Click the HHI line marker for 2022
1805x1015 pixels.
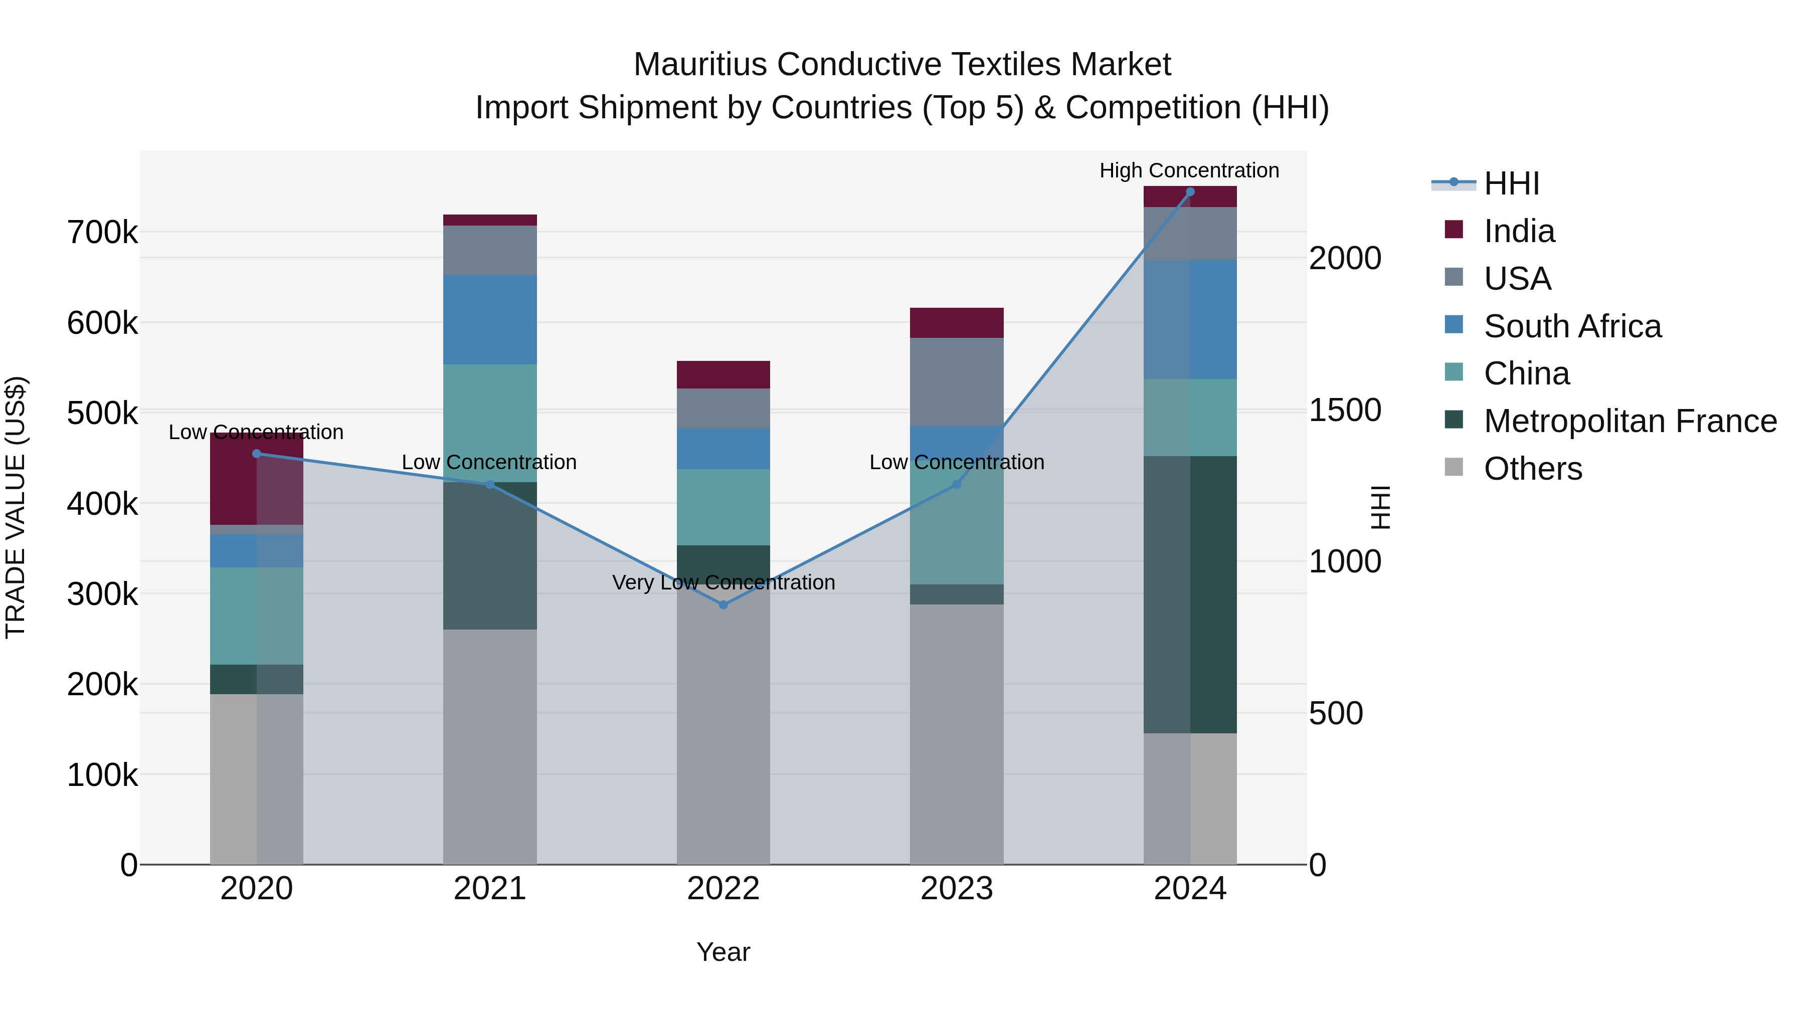[723, 604]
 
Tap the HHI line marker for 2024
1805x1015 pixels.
[1190, 191]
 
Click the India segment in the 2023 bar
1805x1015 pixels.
[957, 323]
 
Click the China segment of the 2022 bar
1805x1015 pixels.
[723, 507]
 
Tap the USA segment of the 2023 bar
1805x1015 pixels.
[957, 382]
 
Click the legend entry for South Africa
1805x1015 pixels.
[1572, 326]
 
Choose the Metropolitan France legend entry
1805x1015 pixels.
[1630, 421]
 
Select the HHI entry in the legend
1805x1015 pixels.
[1511, 183]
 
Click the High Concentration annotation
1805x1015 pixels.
[1189, 170]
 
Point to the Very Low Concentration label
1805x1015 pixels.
[723, 582]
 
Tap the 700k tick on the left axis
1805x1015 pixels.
[102, 233]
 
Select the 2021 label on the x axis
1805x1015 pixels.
[490, 889]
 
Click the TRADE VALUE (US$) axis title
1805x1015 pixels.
[16, 507]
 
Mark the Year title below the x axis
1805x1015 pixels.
[723, 952]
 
